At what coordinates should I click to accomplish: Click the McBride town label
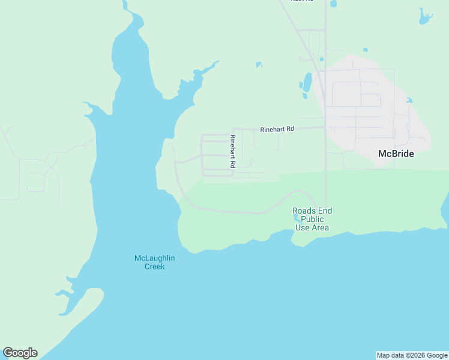coord(396,154)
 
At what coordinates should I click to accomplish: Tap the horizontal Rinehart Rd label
coord(277,129)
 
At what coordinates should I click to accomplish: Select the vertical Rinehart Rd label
coord(233,150)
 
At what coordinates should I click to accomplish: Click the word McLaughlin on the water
coord(154,259)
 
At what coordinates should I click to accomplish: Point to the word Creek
coord(154,266)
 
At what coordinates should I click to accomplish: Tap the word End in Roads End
coord(325,211)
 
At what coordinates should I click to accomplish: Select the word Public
coord(312,219)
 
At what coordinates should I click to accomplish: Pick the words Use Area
coord(312,227)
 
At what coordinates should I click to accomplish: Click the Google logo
coord(20,353)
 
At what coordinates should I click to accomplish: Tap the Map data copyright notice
coord(412,355)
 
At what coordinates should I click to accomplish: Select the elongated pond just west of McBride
coord(307,82)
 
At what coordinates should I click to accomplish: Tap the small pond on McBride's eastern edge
coord(409,100)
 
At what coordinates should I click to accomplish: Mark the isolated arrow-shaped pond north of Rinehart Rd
coord(259,64)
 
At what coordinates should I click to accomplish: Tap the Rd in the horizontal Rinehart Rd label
coord(290,129)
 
